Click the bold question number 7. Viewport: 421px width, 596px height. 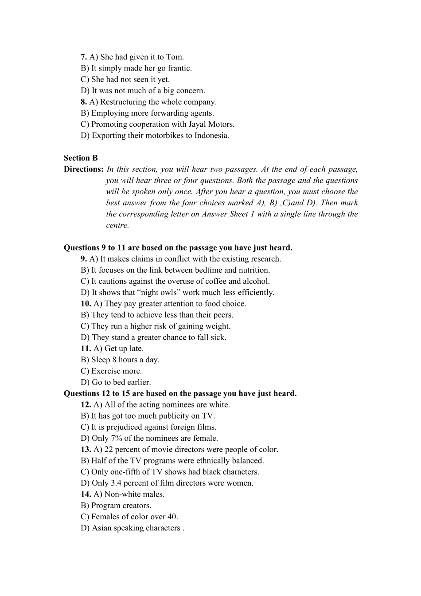click(84, 57)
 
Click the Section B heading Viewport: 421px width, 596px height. click(81, 158)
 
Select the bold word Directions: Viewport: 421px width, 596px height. click(84, 169)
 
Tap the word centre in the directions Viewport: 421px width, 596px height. click(117, 225)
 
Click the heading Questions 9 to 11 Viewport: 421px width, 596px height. click(178, 248)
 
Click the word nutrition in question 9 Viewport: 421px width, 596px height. click(254, 270)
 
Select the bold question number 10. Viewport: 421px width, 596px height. click(86, 304)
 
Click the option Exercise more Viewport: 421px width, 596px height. click(116, 371)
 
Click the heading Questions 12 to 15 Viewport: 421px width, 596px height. click(180, 394)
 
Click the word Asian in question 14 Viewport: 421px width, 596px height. click(101, 528)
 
